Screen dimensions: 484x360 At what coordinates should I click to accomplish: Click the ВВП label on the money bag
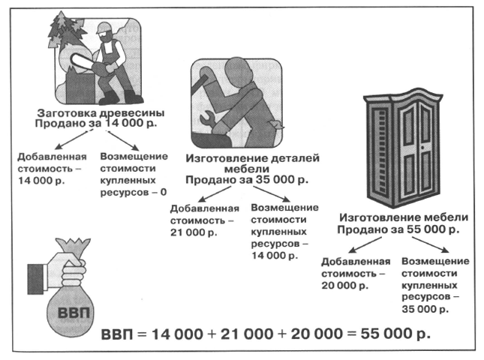(x=74, y=313)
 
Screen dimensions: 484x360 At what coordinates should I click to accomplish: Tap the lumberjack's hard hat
(x=103, y=27)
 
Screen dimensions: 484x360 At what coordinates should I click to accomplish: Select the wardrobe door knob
(x=422, y=148)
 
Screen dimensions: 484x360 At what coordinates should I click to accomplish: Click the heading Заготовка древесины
(x=101, y=112)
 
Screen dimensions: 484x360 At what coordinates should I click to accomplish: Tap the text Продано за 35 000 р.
(x=247, y=180)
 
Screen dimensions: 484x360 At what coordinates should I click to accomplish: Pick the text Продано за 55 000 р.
(x=398, y=229)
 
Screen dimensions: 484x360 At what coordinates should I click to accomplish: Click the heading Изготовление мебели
(x=404, y=217)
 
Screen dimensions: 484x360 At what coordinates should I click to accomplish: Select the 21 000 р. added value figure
(x=194, y=232)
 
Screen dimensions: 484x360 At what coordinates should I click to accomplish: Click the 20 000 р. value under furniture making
(x=344, y=285)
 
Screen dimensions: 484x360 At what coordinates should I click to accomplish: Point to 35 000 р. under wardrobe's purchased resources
(x=425, y=309)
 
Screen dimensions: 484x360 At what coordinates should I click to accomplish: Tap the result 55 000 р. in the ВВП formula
(x=395, y=334)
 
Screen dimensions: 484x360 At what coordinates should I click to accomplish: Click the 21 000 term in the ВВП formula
(x=247, y=334)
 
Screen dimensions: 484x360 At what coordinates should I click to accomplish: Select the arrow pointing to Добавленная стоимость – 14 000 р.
(x=71, y=139)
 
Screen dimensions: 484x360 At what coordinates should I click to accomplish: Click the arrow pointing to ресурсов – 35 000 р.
(x=430, y=244)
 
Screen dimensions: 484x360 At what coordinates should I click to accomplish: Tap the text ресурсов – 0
(x=134, y=192)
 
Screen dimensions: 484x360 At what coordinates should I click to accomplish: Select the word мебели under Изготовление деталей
(x=247, y=169)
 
